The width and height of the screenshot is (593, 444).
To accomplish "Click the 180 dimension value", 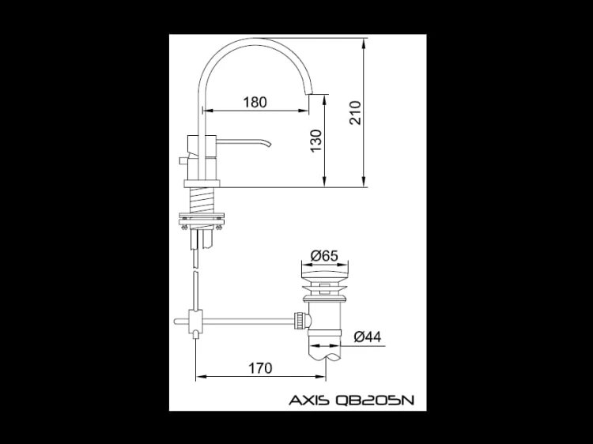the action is pyautogui.click(x=255, y=102).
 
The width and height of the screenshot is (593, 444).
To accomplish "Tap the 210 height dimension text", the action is pyautogui.click(x=356, y=113).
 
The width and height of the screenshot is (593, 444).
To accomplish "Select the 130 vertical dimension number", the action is pyautogui.click(x=315, y=141).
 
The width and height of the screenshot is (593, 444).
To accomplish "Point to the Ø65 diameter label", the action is pyautogui.click(x=324, y=256).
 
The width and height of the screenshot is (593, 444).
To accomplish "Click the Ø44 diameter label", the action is pyautogui.click(x=368, y=337).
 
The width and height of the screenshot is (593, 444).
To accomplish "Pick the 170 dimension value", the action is pyautogui.click(x=260, y=367).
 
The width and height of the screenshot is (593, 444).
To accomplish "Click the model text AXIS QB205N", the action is pyautogui.click(x=352, y=400).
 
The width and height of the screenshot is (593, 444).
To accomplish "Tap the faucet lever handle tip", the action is pyautogui.click(x=270, y=145).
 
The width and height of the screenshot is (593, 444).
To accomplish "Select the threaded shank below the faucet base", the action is pyautogui.click(x=202, y=200).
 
